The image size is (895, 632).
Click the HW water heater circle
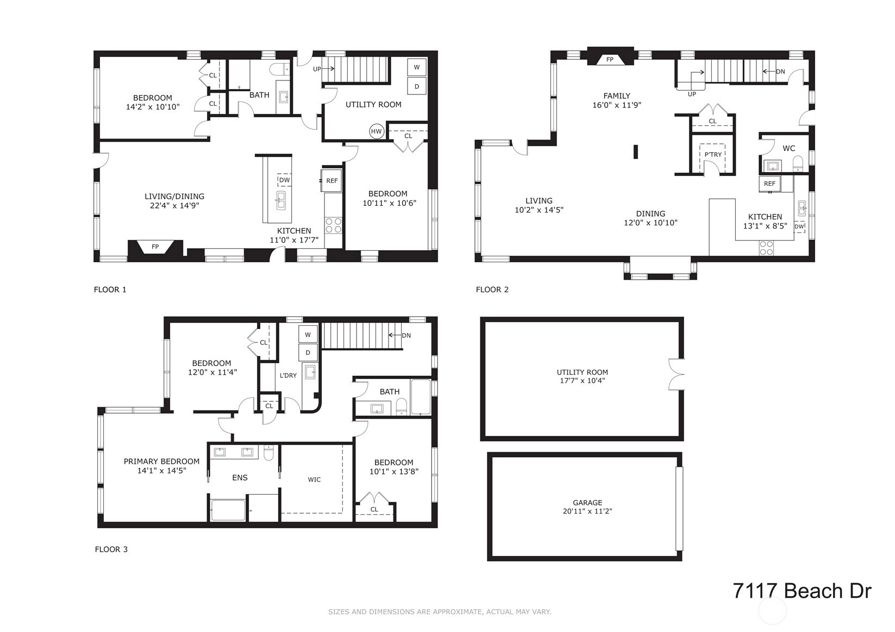click(x=377, y=131)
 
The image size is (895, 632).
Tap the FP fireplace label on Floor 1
click(x=155, y=247)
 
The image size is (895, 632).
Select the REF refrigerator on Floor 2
click(x=769, y=184)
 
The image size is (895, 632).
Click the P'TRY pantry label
click(x=713, y=155)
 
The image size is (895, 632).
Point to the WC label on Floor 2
click(x=788, y=149)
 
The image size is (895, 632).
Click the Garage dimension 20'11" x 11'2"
click(x=587, y=511)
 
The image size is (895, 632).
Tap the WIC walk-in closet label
click(x=314, y=479)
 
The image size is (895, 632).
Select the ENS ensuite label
click(x=240, y=477)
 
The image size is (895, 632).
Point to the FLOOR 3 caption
click(x=111, y=549)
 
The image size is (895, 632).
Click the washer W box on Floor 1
click(x=417, y=67)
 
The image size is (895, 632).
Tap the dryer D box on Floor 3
click(x=308, y=352)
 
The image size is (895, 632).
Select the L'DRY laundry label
click(x=288, y=375)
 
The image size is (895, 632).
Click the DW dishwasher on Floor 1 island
click(x=285, y=180)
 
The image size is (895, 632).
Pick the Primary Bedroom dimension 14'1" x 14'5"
click(x=162, y=471)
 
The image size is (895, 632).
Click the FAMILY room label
click(x=617, y=96)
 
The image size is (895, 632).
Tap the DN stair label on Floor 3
click(x=406, y=336)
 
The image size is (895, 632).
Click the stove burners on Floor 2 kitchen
click(x=766, y=248)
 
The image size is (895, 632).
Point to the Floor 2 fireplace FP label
click(x=610, y=60)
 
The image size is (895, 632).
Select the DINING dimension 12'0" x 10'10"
click(x=651, y=223)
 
